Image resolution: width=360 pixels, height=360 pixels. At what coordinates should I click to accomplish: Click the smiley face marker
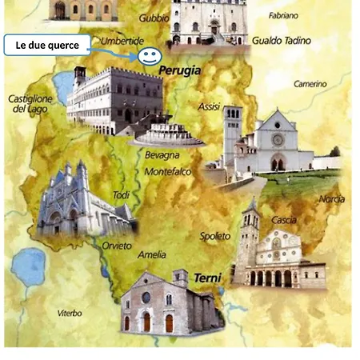[x=147, y=56]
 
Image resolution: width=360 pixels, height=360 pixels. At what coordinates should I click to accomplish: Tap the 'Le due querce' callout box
[x=47, y=46]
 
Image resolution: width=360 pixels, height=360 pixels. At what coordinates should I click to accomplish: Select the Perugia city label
[x=180, y=71]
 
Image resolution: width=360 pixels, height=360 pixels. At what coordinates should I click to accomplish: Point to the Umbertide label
[x=122, y=40]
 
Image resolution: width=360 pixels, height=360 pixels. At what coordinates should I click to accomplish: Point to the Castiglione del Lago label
[x=30, y=103]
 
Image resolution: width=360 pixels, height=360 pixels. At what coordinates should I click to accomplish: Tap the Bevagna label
[x=162, y=155]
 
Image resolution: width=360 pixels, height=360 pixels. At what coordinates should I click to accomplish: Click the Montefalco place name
[x=169, y=171]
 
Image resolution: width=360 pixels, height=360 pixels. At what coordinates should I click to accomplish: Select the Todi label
[x=120, y=195]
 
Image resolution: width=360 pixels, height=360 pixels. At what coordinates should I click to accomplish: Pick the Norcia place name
[x=330, y=198]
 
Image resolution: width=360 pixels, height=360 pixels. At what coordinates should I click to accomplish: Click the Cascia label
[x=282, y=220]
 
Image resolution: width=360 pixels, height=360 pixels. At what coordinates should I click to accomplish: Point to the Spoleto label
[x=214, y=236]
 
